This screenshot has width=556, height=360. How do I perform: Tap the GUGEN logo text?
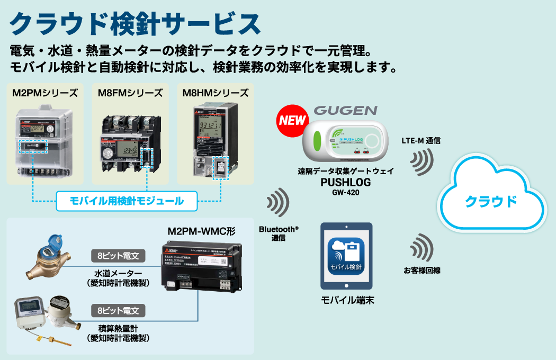coord(345,111)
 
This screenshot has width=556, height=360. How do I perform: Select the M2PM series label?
coord(45,93)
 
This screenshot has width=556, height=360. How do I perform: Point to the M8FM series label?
coord(130,93)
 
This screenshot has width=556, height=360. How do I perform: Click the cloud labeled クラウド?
coord(490,201)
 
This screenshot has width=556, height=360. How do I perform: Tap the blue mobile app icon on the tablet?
coord(346,256)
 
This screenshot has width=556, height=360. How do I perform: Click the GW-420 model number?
coord(345,192)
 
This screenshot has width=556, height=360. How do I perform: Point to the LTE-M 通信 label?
coord(422,141)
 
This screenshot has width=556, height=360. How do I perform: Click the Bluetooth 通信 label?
coord(279,233)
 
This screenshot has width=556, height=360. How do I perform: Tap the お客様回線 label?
coord(422,271)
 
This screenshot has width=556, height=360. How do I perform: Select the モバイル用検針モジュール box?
coord(127,201)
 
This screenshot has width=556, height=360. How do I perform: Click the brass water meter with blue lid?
coord(49,260)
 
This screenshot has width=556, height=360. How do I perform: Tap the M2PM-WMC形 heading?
coord(202,232)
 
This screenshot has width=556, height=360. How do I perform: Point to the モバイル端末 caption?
coord(347,300)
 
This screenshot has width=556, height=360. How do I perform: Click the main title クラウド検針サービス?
coord(135,24)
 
